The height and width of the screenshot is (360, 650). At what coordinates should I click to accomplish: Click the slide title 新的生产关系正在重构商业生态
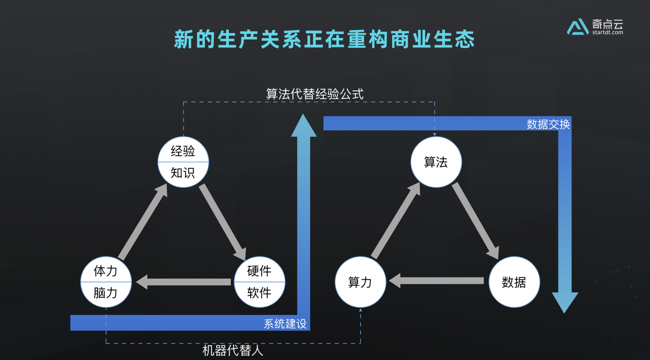[x=325, y=40]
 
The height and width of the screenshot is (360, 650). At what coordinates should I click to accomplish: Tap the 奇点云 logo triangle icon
[x=577, y=28]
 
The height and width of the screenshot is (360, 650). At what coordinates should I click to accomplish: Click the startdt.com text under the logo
[x=608, y=32]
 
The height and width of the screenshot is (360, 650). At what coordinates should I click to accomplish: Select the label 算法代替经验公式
[x=315, y=94]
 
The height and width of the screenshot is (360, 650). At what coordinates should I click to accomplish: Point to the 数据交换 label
[x=548, y=124]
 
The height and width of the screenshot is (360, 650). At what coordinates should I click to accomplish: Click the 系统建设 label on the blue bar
[x=285, y=323]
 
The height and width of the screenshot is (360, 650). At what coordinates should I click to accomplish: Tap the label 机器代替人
[x=232, y=351]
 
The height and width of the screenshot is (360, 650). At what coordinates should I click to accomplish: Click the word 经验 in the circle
[x=183, y=151]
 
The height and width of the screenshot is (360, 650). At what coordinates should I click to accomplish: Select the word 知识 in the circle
[x=183, y=173]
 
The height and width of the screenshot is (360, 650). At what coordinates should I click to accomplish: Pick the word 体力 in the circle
[x=106, y=271]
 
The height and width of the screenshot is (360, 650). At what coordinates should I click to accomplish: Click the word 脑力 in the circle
[x=106, y=293]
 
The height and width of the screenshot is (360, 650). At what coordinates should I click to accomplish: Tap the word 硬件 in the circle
[x=259, y=271]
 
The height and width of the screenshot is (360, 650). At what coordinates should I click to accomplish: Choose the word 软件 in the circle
[x=259, y=293]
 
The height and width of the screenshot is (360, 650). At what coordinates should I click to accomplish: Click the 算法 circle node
[x=436, y=162]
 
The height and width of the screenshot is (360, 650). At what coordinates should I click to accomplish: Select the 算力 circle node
[x=360, y=282]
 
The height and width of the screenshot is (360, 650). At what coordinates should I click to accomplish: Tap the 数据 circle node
[x=514, y=282]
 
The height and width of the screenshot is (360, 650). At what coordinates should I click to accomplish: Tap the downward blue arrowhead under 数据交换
[x=565, y=301]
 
